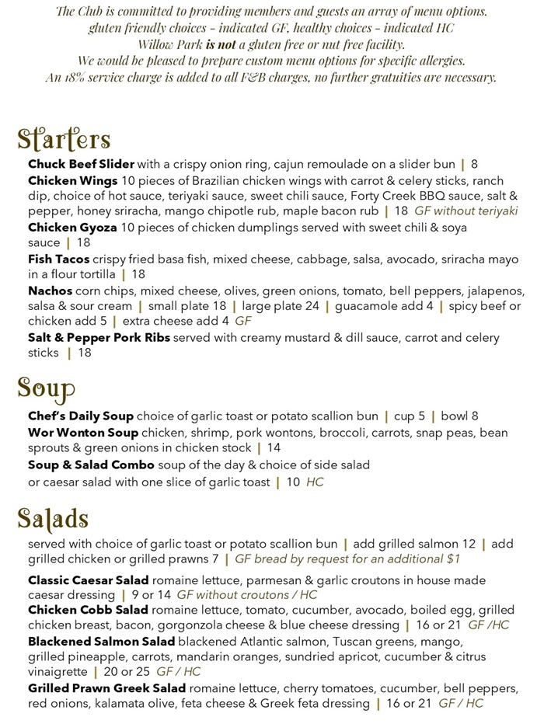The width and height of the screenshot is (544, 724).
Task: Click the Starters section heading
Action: point(64,139)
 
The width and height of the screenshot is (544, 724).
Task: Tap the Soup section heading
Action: point(47,388)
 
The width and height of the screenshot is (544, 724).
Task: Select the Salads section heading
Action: point(53,517)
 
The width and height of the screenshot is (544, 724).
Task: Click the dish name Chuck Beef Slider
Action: point(81,164)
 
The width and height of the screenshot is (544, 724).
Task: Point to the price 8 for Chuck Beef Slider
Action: point(474,164)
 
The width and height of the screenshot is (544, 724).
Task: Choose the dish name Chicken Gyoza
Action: point(72,228)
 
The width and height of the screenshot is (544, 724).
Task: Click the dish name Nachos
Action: point(50,291)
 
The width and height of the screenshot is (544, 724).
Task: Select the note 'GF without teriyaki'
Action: point(466,211)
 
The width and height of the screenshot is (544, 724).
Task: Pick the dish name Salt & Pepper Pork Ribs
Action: point(99,338)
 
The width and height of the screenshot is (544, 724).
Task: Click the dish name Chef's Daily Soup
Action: point(81,416)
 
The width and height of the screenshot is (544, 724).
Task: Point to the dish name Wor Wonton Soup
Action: point(83,432)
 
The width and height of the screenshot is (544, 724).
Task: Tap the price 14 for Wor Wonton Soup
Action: point(274,448)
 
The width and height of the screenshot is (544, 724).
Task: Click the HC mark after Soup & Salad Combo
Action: point(315,482)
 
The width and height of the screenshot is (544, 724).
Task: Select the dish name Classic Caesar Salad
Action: point(89,580)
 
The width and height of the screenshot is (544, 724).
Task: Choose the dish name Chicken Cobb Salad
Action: point(88,610)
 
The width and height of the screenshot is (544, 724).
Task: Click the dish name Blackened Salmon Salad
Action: point(101,642)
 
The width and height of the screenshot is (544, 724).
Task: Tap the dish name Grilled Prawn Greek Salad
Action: point(107,688)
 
